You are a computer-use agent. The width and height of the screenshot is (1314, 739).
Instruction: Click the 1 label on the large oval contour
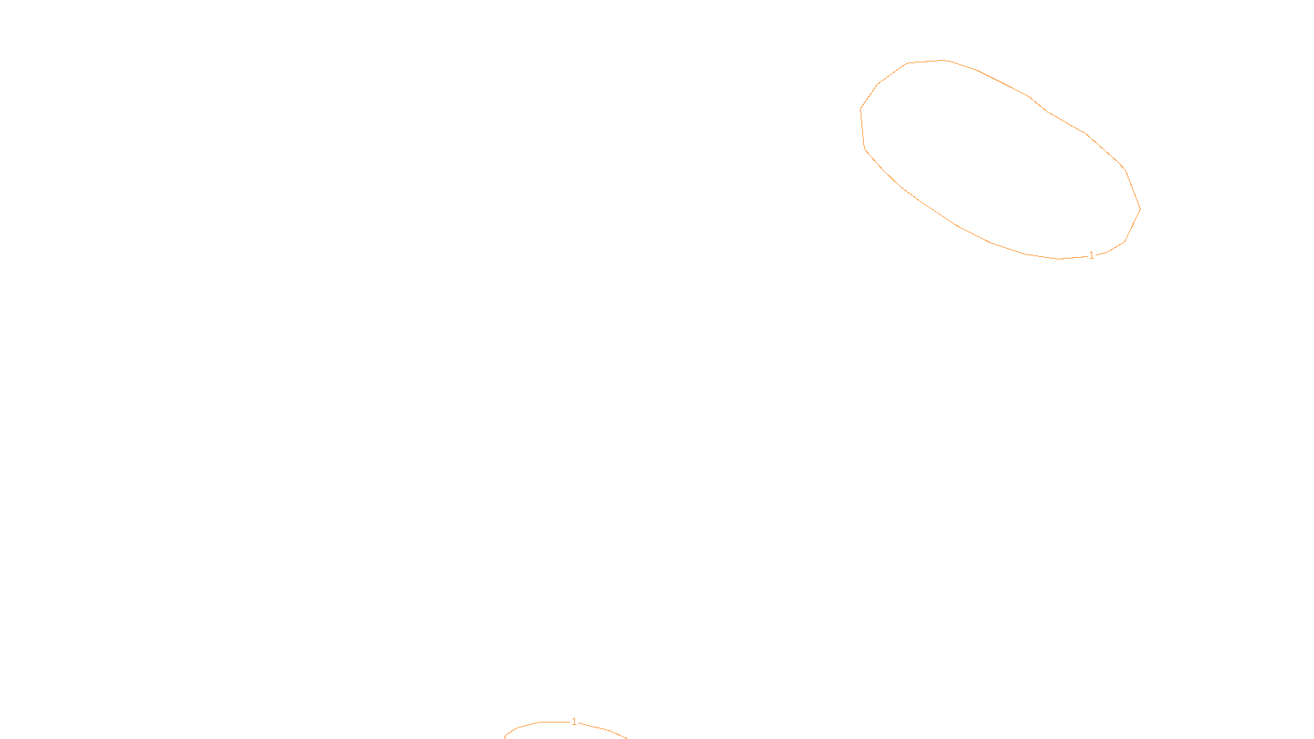click(1091, 255)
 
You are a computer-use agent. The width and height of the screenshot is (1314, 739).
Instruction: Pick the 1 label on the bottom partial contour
click(574, 722)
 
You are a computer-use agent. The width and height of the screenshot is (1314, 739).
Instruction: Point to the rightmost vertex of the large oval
click(1140, 209)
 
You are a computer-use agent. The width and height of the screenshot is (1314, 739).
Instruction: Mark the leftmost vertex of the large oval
click(861, 108)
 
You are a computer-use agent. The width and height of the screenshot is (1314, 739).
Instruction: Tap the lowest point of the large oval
click(1059, 259)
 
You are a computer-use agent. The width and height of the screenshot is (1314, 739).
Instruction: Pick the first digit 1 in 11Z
click(617, 726)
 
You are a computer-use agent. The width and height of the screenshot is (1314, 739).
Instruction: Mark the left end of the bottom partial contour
click(504, 737)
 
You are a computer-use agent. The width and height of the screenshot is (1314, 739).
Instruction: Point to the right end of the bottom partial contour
click(627, 737)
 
